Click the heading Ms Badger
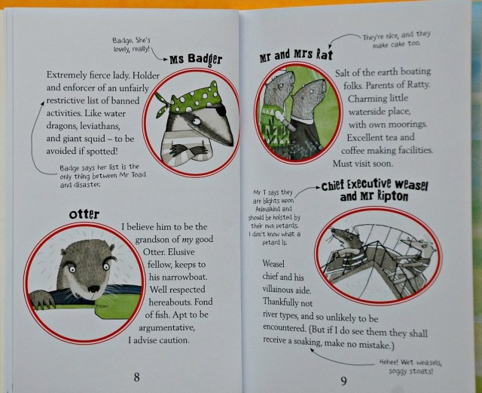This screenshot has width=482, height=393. coord(196,59)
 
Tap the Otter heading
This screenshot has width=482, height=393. coord(84,214)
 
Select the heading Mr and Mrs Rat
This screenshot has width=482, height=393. coord(296,55)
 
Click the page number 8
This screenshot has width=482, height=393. coord(137,377)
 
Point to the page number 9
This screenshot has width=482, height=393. coord(343,381)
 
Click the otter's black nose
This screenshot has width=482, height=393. coord(93,289)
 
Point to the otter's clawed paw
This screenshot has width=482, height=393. coord(41,299)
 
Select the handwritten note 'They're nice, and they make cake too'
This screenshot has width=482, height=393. coord(397,39)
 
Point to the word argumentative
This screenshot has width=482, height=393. coord(166,327)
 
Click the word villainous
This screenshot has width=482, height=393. coord(278,290)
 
